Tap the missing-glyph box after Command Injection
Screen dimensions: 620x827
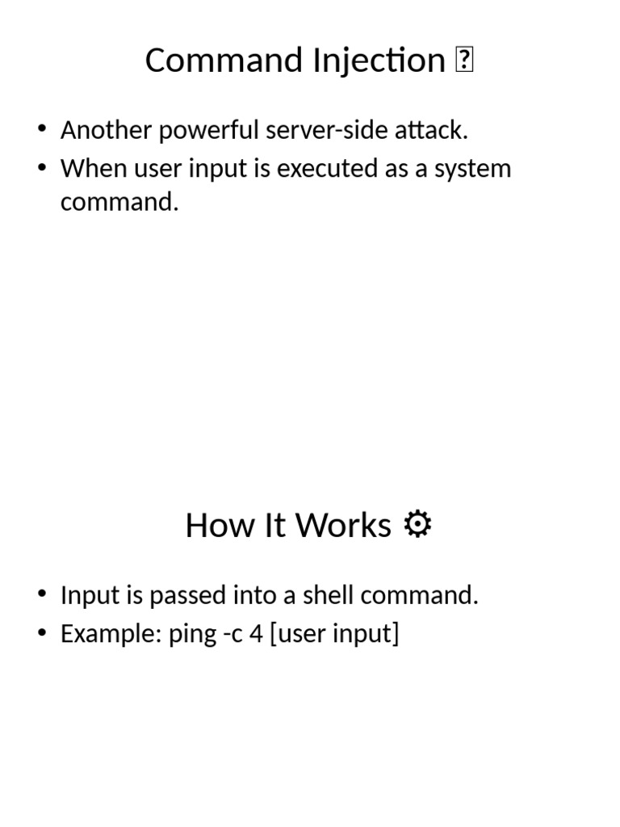[464, 61]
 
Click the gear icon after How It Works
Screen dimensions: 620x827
[417, 525]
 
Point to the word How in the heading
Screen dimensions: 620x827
[209, 526]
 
